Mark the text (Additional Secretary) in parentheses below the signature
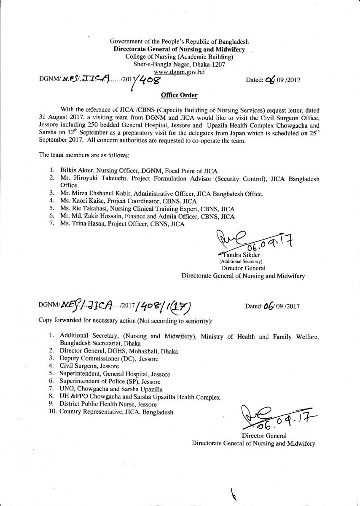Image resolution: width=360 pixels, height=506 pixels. coord(239,261)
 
